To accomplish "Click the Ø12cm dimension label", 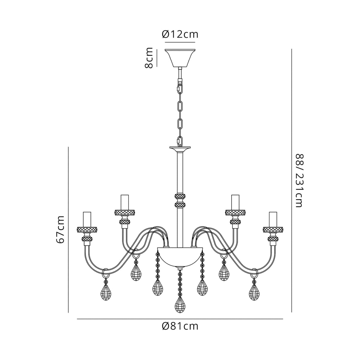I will [180, 34].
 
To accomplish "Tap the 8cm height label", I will [149, 58].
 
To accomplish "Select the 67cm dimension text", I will [61, 229].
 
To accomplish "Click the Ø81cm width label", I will [180, 326].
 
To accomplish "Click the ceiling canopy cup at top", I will [180, 58].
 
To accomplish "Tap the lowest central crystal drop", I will [180, 305].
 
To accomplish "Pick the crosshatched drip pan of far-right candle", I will [273, 230].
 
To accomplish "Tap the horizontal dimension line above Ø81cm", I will [180, 319].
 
